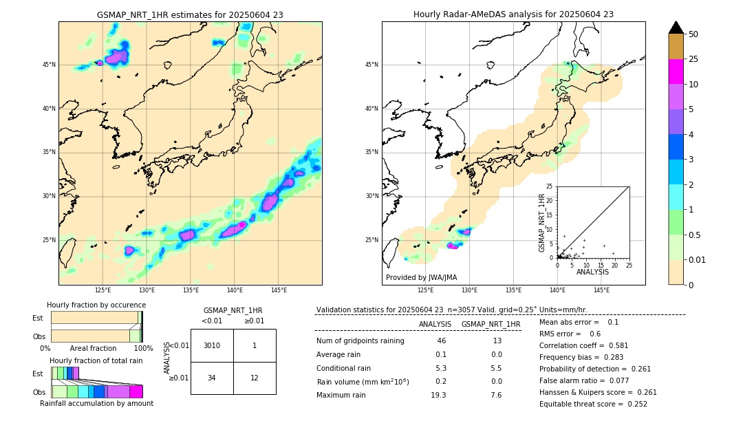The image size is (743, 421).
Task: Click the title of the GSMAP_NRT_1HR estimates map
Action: click(190, 14)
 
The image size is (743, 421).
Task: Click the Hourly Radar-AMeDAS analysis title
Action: click(513, 14)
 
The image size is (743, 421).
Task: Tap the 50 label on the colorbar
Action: click(693, 34)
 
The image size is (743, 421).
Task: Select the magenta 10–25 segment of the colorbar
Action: click(676, 72)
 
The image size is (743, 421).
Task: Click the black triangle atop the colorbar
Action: click(676, 28)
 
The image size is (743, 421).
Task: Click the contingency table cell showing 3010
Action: click(212, 345)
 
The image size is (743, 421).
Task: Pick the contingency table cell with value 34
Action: click(212, 378)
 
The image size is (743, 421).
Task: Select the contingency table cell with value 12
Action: click(255, 378)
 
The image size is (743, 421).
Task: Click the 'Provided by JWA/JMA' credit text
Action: click(421, 277)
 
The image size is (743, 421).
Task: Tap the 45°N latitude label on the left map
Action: click(49, 65)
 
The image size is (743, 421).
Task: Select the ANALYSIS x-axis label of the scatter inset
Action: click(592, 272)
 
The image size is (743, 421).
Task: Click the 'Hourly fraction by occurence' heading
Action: click(96, 305)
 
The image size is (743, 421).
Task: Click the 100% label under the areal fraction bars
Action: click(143, 349)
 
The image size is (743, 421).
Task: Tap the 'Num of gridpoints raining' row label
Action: click(360, 341)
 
